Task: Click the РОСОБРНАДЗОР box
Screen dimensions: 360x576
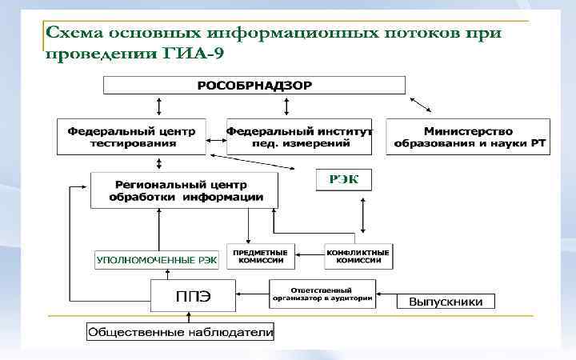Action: [254, 85]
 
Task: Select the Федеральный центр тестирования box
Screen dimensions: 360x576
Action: [132, 137]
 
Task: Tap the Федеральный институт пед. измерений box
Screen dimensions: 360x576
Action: [299, 137]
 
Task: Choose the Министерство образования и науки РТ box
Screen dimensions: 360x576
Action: [468, 137]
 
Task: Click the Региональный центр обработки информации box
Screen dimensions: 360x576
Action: [184, 190]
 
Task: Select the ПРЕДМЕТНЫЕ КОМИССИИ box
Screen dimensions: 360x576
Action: [260, 256]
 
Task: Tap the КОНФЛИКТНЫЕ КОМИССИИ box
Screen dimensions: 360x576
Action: [358, 256]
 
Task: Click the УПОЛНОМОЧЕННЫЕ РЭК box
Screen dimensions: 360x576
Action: [157, 259]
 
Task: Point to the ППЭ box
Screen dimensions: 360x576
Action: [193, 295]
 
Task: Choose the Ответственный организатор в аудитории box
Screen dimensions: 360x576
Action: [321, 292]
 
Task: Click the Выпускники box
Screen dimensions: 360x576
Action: [446, 302]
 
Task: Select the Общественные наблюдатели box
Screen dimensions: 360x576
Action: [181, 331]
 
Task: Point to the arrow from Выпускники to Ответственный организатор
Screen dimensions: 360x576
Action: [386, 293]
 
